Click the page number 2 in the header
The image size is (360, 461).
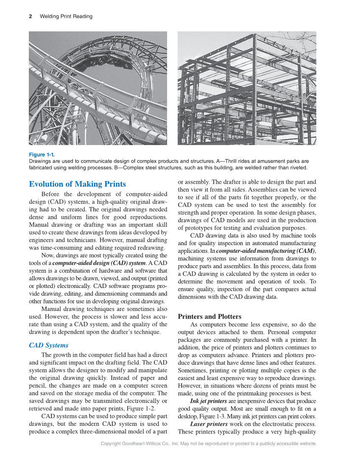pos(31,17)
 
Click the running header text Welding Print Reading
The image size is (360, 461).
pos(66,17)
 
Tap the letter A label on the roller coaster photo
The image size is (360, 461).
pos(35,140)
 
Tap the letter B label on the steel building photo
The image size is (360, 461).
pos(184,140)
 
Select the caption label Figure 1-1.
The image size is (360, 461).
pos(42,155)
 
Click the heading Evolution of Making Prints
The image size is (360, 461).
pos(77,184)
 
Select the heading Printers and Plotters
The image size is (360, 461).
pos(209,316)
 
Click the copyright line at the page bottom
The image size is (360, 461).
pos(209,444)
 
